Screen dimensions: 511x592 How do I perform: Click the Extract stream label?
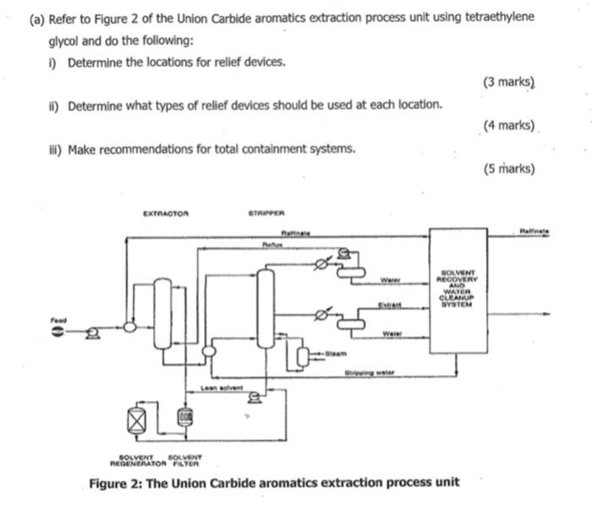coord(387,305)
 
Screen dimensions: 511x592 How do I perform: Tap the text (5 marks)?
coord(509,168)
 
